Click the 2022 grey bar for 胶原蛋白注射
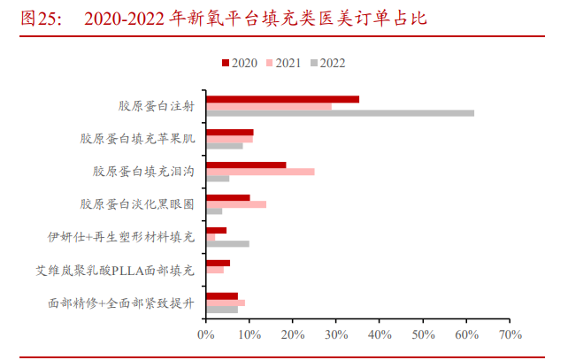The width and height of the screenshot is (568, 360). (x=340, y=113)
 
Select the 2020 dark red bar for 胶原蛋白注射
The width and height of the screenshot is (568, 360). (x=282, y=99)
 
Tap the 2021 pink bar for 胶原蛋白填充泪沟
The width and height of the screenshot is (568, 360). (x=259, y=172)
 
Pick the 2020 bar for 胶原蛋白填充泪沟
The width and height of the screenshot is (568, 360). (x=245, y=165)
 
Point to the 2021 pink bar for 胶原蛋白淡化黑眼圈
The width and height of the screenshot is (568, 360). (x=235, y=204)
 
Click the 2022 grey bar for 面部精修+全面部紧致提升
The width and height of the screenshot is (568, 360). (x=221, y=309)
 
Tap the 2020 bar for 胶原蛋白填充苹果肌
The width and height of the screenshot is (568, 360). (x=229, y=132)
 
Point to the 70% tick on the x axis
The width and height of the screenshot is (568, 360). (x=510, y=335)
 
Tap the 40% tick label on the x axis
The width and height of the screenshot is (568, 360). (x=380, y=335)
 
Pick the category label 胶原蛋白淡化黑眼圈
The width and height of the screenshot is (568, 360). (x=136, y=204)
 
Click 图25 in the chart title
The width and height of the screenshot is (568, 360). (x=39, y=19)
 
